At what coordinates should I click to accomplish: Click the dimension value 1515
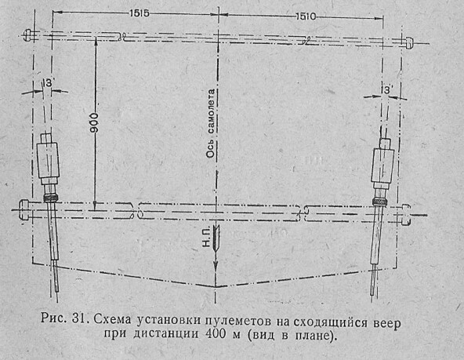click(x=139, y=13)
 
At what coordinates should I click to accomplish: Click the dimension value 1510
click(x=305, y=16)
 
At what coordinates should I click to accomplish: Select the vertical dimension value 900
click(x=95, y=123)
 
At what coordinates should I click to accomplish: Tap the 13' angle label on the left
click(x=47, y=83)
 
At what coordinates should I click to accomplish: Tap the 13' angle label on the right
click(x=386, y=90)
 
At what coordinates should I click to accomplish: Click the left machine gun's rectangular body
click(x=48, y=160)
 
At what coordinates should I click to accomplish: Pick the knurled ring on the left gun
click(x=50, y=198)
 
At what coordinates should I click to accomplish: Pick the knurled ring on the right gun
click(x=380, y=202)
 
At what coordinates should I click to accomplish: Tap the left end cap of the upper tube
click(x=27, y=35)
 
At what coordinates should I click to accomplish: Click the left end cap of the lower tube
click(x=23, y=210)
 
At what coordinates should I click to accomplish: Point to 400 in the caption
click(x=214, y=335)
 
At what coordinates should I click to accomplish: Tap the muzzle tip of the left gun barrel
click(x=57, y=291)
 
